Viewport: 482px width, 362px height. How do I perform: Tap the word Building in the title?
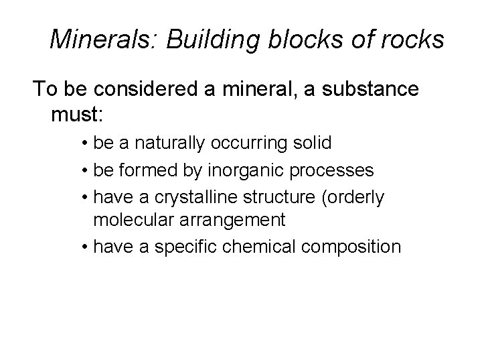[197, 40]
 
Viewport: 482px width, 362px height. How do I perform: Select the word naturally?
[169, 143]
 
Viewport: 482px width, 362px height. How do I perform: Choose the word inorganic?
[250, 171]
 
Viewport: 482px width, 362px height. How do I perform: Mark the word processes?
[335, 171]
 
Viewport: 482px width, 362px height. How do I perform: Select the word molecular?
[133, 220]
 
